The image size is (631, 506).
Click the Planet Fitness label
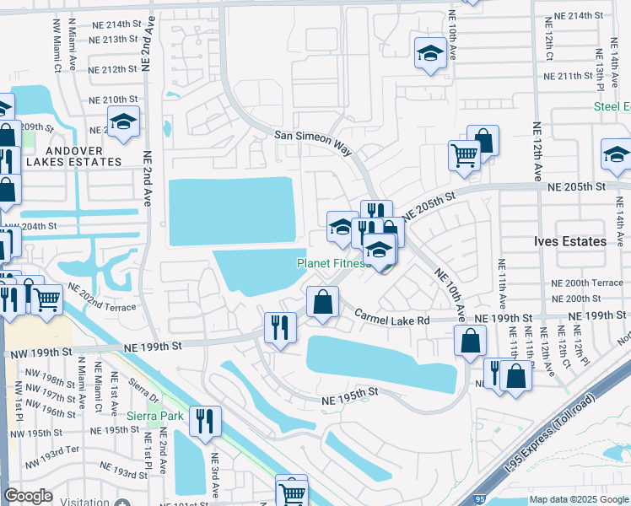point(332,263)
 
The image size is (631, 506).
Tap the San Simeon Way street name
point(312,141)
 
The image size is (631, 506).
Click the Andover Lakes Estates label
point(73,161)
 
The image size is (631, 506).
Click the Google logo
point(29,496)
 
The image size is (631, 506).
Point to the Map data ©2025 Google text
point(579,499)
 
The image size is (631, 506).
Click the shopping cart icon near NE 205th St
point(464,155)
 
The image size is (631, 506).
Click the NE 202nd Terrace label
point(101,296)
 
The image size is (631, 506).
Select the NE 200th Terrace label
point(582,283)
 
